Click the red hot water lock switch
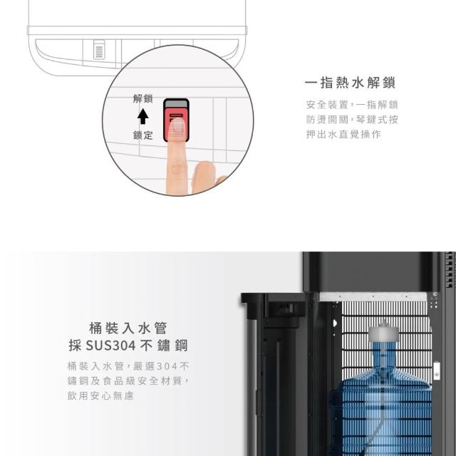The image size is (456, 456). (176, 124)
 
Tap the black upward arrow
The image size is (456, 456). (142, 116)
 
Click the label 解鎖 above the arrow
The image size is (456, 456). (142, 98)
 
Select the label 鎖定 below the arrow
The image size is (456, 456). (142, 135)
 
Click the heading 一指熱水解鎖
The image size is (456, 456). (350, 83)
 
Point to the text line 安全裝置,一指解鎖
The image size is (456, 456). (352, 105)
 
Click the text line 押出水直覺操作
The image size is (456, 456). (343, 134)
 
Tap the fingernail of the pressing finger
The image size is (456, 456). (176, 128)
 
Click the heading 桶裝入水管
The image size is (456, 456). (128, 328)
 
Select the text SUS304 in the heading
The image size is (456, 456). (111, 346)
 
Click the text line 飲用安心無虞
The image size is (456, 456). (100, 395)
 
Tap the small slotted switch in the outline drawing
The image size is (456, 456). (99, 49)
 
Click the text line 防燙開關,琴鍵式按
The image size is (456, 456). (352, 119)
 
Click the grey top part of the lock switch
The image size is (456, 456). (176, 103)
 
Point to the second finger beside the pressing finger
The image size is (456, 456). (204, 177)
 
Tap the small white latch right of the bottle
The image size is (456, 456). (437, 370)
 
